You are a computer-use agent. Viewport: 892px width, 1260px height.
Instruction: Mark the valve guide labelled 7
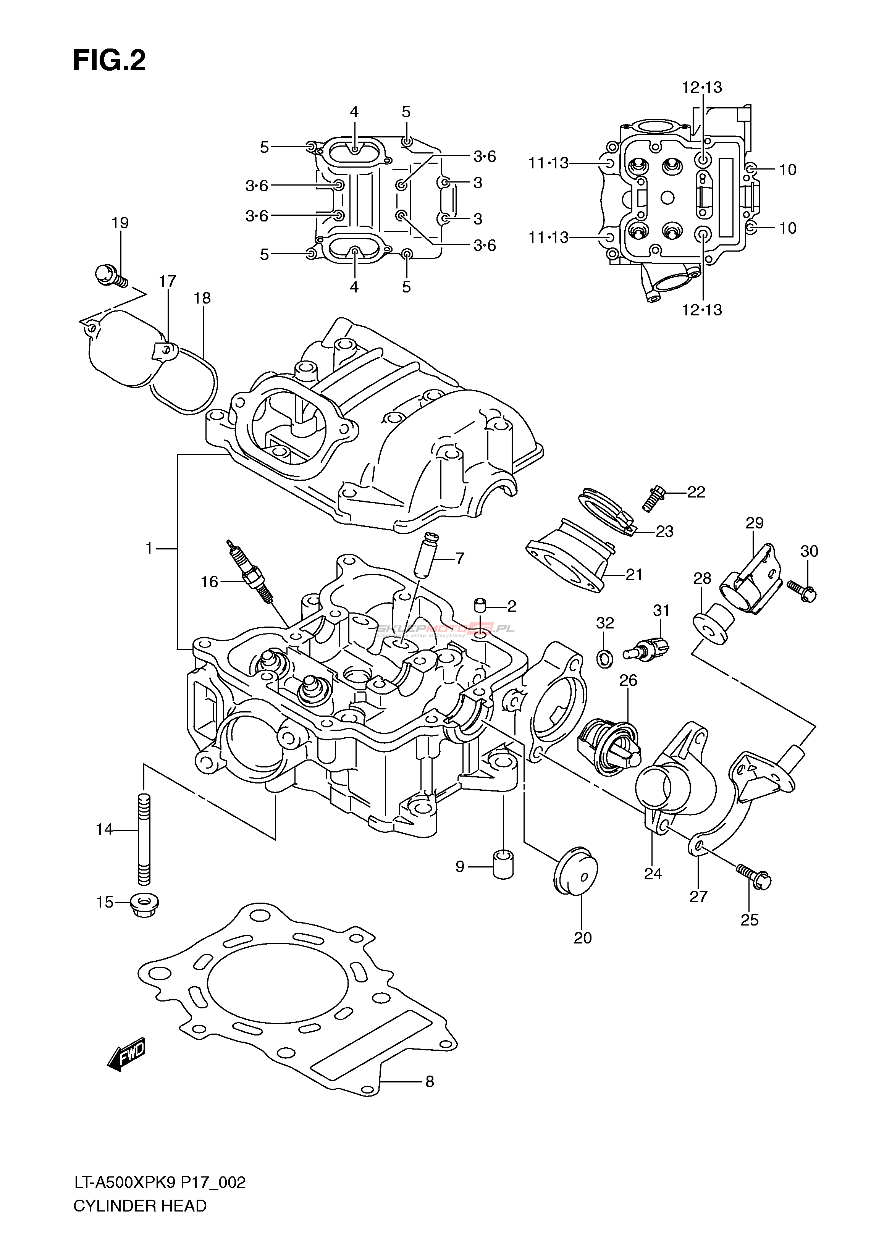(426, 556)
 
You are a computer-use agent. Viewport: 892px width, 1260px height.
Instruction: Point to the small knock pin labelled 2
(481, 606)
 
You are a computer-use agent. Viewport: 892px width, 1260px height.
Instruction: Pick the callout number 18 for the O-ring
(202, 298)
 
